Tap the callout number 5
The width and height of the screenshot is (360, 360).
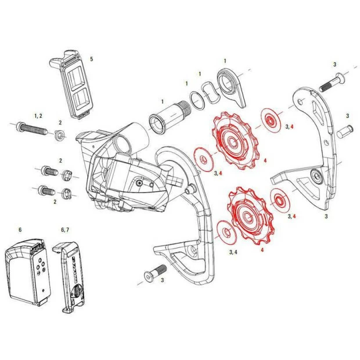[x=91, y=59]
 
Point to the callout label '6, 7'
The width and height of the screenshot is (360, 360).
[x=65, y=230]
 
